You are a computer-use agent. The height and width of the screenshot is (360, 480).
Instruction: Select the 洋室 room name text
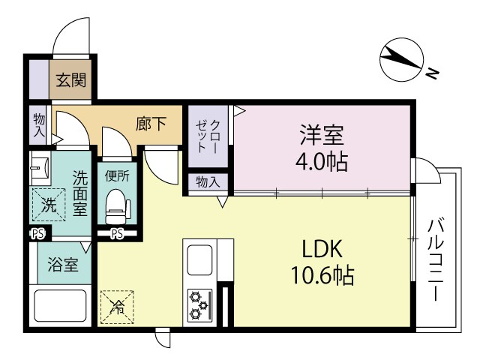[322, 135]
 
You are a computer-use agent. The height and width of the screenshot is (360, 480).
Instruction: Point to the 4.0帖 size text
[322, 160]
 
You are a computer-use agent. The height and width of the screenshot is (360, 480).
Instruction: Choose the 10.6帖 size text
[322, 276]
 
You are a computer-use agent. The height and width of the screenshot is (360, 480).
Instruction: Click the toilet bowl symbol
[116, 205]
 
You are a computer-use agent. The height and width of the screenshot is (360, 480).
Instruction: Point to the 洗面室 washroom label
[79, 192]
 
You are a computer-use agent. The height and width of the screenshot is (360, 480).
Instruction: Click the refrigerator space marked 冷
[118, 305]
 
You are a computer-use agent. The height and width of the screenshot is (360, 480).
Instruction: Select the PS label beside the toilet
[117, 234]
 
